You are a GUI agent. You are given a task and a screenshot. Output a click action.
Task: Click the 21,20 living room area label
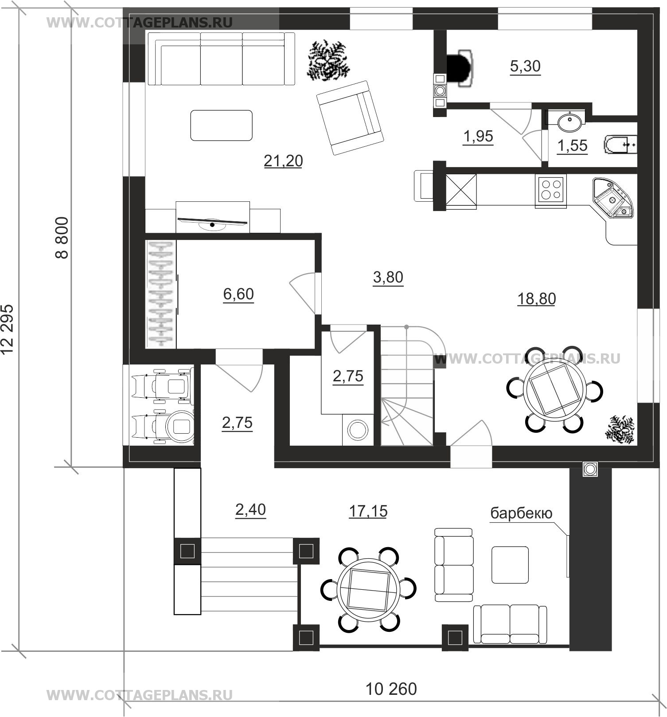click(x=283, y=161)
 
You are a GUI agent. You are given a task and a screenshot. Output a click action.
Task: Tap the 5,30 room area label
click(x=525, y=67)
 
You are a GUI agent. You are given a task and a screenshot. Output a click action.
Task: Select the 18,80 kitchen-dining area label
click(x=536, y=299)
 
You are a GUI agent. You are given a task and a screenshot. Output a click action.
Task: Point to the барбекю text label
click(x=521, y=513)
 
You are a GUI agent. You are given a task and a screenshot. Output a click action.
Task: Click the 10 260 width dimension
click(x=391, y=689)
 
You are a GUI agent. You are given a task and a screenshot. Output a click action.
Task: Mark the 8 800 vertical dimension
click(x=62, y=237)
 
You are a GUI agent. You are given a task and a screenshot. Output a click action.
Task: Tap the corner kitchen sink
click(x=613, y=199)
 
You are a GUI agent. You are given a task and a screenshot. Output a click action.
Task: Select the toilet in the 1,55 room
click(x=620, y=145)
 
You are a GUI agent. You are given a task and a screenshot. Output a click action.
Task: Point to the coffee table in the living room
click(x=222, y=125)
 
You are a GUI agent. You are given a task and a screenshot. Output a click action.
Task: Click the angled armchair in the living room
click(x=349, y=117)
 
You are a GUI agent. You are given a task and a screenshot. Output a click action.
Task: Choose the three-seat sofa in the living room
click(x=221, y=59)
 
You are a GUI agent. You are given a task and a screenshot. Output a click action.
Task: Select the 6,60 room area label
click(x=238, y=294)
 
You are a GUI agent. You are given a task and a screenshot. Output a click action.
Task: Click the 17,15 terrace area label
click(x=368, y=511)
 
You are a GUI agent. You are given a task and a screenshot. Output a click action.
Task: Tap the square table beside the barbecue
click(x=510, y=565)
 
